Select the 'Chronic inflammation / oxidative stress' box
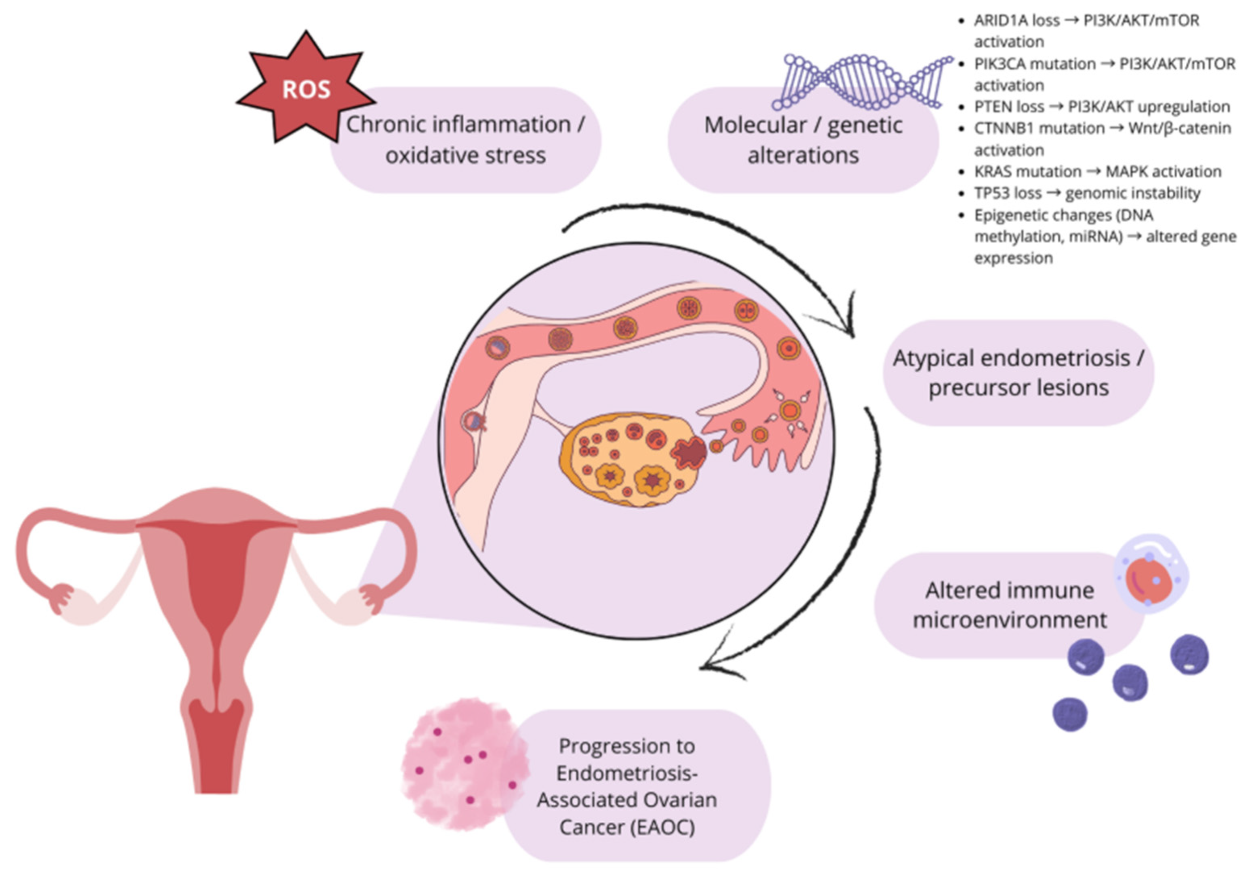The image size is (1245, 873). tap(465, 140)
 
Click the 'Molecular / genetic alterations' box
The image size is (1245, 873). tap(803, 140)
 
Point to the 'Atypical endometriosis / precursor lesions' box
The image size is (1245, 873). tap(1018, 373)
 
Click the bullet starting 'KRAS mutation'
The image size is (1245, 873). tap(1098, 171)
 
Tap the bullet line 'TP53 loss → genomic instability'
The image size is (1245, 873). tap(1087, 193)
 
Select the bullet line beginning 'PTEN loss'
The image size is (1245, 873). tap(1101, 107)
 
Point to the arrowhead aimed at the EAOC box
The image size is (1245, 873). tap(708, 666)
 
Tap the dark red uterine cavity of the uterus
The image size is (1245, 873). tap(217, 586)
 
